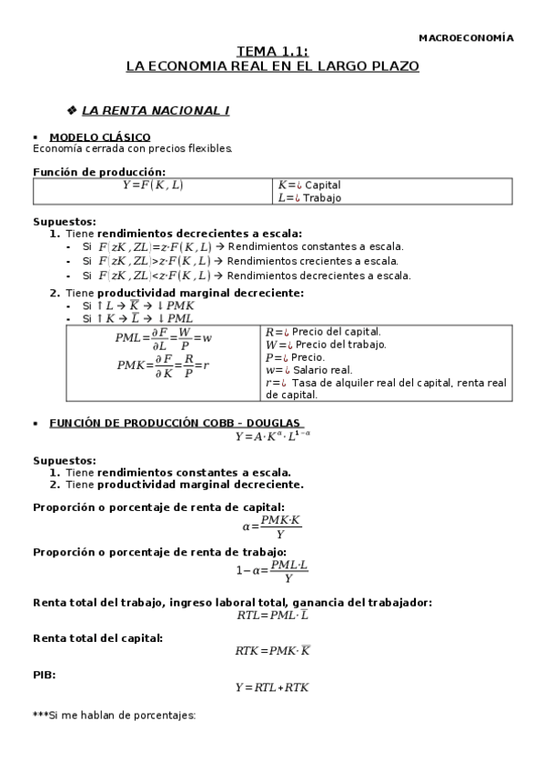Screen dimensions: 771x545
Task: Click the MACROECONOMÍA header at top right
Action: click(465, 38)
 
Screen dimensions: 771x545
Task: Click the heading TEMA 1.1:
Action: click(272, 53)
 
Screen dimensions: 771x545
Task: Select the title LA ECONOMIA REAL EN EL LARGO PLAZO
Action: click(272, 66)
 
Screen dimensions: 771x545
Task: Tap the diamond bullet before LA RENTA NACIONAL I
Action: click(72, 110)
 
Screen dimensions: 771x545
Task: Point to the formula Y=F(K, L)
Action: click(152, 185)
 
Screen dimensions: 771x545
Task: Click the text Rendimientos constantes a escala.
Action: click(315, 246)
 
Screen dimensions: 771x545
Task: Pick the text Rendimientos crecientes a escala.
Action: click(313, 261)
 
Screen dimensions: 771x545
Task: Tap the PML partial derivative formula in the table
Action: click(164, 338)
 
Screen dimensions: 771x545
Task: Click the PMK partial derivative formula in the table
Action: click(164, 365)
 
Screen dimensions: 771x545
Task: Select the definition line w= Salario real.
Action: click(309, 370)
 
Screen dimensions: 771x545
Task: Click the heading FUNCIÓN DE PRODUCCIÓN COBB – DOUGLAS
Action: click(175, 424)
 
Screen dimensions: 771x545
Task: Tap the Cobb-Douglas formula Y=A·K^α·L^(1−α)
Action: click(272, 436)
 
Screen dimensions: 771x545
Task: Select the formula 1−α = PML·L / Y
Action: click(272, 572)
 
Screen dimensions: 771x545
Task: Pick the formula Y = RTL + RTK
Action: click(272, 687)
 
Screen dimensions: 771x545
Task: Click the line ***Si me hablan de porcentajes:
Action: click(115, 716)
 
